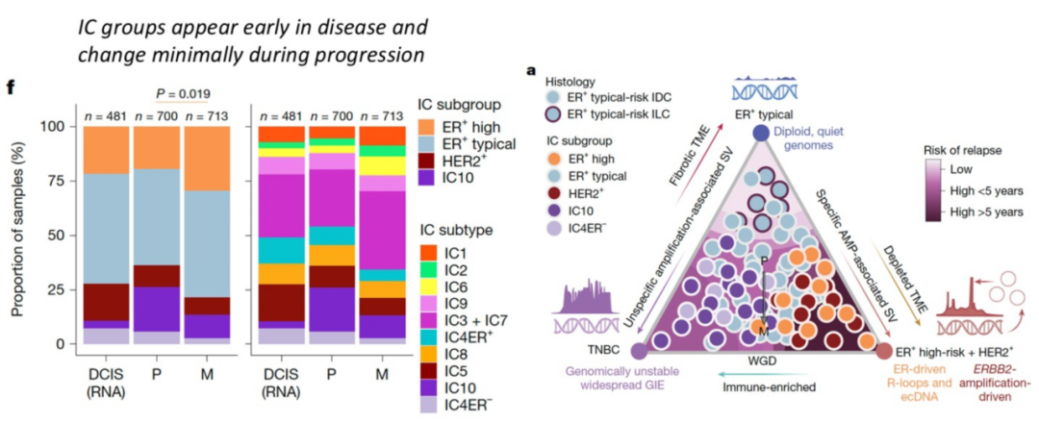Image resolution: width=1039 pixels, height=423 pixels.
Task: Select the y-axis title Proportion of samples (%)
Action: click(17, 236)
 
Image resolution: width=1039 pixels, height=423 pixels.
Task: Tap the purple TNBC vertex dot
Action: click(637, 353)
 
